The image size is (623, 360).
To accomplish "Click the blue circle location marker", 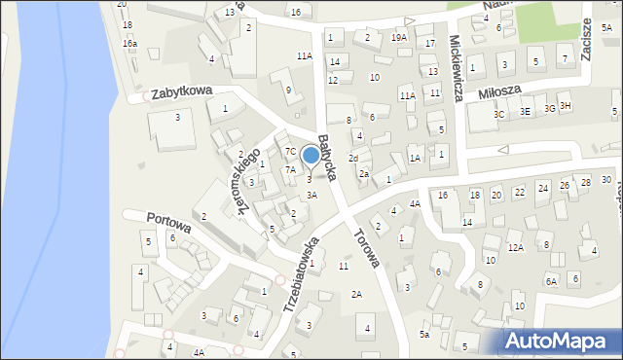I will pos(311,154).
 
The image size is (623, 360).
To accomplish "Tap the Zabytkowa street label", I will pos(181,90).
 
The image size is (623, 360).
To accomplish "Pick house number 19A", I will pos(399,38).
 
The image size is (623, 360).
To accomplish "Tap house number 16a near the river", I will pos(129,44).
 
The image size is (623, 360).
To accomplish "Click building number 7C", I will pos(290,151).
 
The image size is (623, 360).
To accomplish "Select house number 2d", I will pos(353,158).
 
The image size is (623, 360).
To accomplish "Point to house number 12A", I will pos(516,247).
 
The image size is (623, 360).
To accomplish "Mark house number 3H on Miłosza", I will pos(565,105).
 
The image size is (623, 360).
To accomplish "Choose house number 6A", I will pos(551,281).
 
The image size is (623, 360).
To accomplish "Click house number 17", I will pos(429,44).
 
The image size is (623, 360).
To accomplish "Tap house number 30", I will pos(605,180).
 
